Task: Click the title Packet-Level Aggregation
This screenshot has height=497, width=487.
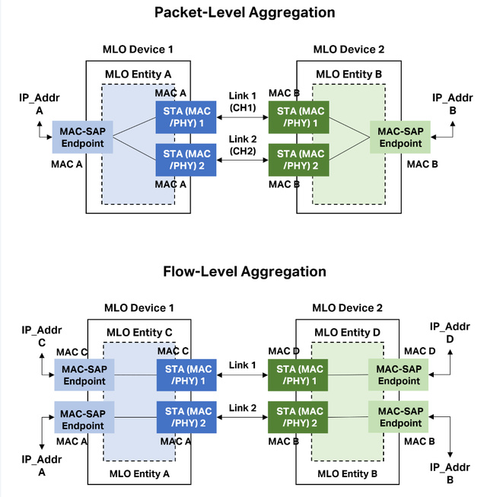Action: point(244,12)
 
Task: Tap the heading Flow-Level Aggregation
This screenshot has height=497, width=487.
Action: point(244,272)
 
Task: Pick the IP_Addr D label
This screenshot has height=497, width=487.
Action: point(449,332)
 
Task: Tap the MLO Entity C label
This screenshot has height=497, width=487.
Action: point(139,333)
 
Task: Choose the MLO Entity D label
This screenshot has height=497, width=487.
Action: point(348,333)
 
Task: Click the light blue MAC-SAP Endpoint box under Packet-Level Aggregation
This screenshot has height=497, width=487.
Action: point(83,137)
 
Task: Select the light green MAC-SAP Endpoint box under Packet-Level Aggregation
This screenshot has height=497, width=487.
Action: point(400,137)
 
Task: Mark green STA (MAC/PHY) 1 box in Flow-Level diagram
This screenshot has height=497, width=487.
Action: point(298,374)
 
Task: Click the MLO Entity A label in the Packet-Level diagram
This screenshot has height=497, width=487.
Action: point(138,73)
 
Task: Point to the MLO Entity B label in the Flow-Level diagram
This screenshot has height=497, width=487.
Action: point(347,473)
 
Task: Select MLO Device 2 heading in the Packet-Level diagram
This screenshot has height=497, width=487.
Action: point(349,49)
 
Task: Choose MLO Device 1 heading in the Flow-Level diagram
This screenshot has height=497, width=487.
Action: point(139,307)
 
